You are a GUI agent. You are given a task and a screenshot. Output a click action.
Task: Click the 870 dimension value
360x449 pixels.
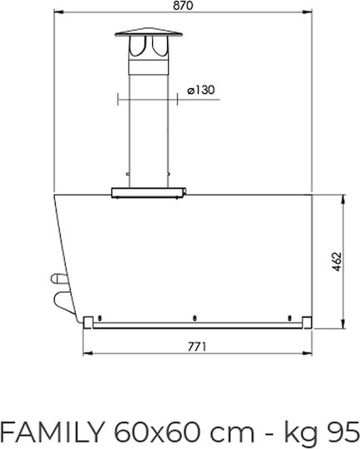tap(183, 6)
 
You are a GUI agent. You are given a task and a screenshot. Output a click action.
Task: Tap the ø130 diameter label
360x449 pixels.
tap(200, 90)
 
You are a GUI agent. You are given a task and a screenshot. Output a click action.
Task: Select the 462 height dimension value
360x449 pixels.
tap(338, 262)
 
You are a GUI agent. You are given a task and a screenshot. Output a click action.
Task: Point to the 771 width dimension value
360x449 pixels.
tap(197, 347)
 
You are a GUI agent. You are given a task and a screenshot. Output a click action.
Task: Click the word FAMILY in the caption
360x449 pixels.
tap(52, 432)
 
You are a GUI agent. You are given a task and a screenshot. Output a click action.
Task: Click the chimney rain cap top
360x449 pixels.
tap(148, 32)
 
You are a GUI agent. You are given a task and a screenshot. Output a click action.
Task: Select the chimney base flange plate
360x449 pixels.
tap(149, 193)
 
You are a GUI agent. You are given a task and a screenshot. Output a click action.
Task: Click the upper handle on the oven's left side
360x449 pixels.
tap(60, 279)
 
